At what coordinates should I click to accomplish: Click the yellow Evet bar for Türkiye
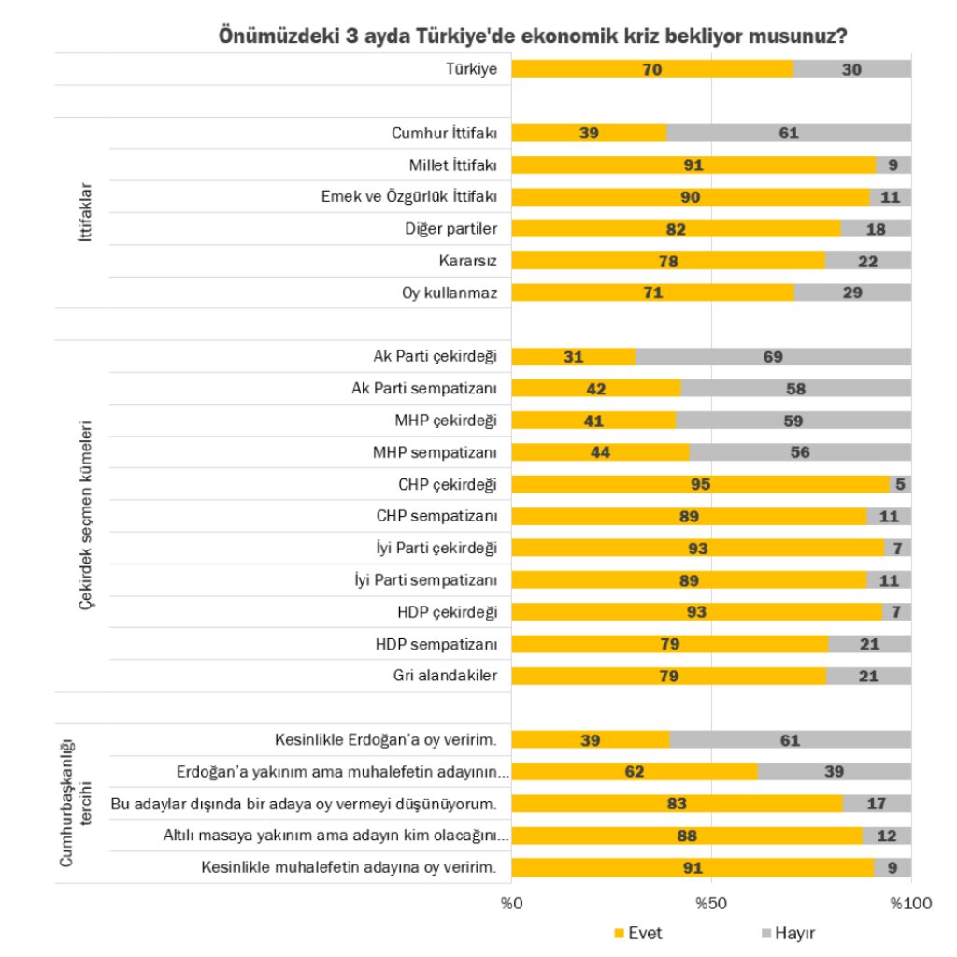pyautogui.click(x=651, y=69)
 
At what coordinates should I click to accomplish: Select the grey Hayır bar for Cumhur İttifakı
pyautogui.click(x=789, y=133)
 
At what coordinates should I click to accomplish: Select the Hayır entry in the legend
pyautogui.click(x=795, y=933)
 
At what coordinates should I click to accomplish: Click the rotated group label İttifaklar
pyautogui.click(x=85, y=213)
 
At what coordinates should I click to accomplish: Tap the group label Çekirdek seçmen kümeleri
pyautogui.click(x=85, y=516)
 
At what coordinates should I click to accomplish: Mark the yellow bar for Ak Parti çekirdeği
pyautogui.click(x=573, y=356)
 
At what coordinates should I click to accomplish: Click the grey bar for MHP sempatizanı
pyautogui.click(x=799, y=452)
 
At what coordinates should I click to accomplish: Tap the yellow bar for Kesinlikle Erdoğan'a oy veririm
pyautogui.click(x=591, y=740)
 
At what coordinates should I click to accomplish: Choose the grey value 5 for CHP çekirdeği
pyautogui.click(x=900, y=484)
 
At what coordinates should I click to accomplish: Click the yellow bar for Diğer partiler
pyautogui.click(x=676, y=229)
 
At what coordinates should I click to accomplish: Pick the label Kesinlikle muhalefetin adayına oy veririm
pyautogui.click(x=350, y=867)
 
